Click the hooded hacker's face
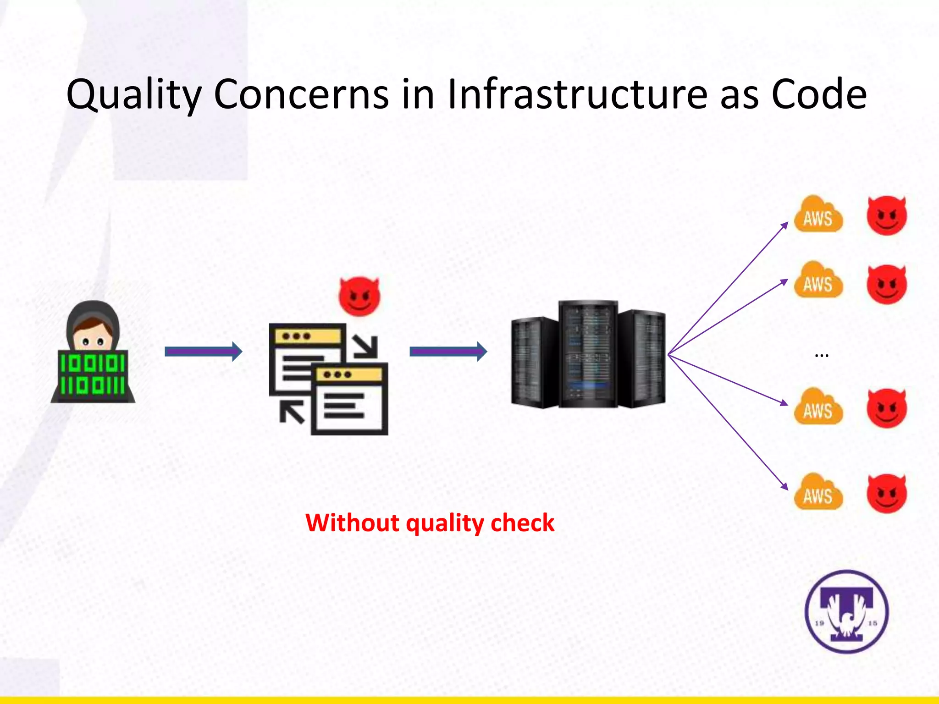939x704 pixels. pyautogui.click(x=93, y=338)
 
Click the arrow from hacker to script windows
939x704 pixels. pyautogui.click(x=203, y=352)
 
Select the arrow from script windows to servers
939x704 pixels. pyautogui.click(x=448, y=352)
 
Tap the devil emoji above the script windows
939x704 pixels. pyautogui.click(x=359, y=297)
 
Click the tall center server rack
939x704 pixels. pyautogui.click(x=588, y=354)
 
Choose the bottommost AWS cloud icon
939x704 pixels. pyautogui.click(x=818, y=492)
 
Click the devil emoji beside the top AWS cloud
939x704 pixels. pyautogui.click(x=887, y=215)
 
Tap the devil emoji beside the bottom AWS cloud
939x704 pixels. pyautogui.click(x=887, y=493)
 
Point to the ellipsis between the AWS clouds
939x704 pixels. pyautogui.click(x=822, y=356)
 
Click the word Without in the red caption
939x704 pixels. pyautogui.click(x=352, y=523)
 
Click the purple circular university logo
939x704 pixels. pyautogui.click(x=846, y=611)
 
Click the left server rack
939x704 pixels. pyautogui.click(x=534, y=362)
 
